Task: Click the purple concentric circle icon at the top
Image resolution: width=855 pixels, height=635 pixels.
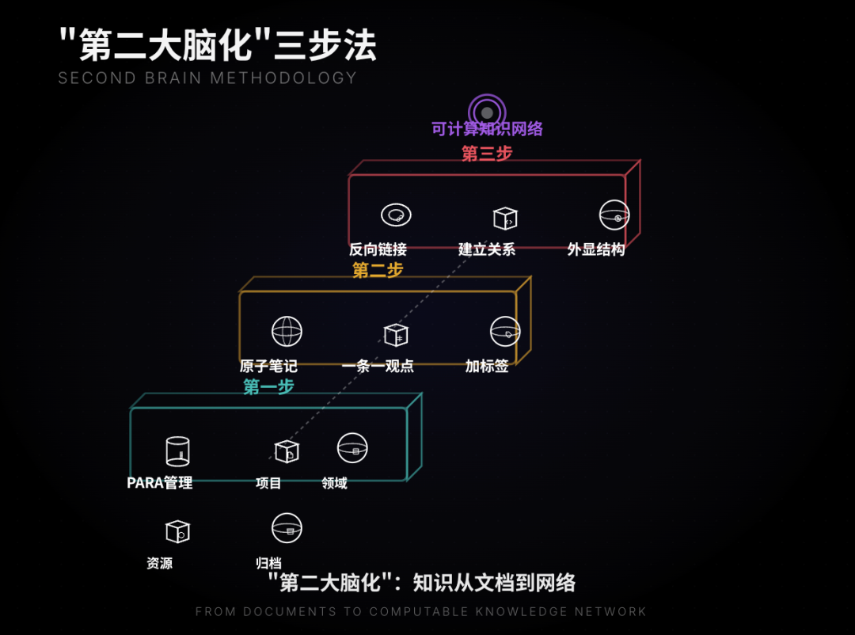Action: click(x=487, y=112)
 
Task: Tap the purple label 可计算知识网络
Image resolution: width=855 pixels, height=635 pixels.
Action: click(x=487, y=129)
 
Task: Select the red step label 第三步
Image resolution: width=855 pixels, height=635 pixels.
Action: click(x=487, y=154)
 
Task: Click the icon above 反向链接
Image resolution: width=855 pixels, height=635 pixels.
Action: click(x=396, y=215)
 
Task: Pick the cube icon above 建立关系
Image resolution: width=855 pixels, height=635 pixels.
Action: click(x=504, y=218)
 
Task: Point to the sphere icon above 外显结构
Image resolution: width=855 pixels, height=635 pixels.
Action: click(x=614, y=215)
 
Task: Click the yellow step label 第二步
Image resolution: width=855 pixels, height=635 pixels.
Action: click(x=378, y=270)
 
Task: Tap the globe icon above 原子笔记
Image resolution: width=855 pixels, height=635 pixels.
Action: click(x=287, y=331)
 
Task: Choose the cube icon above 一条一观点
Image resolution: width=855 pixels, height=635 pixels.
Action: click(x=395, y=335)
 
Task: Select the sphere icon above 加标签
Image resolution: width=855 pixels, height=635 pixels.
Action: click(x=505, y=332)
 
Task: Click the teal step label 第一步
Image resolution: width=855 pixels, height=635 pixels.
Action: click(x=268, y=386)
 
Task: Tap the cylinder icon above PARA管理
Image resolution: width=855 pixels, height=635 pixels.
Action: click(x=177, y=451)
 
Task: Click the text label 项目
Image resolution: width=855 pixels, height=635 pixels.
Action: click(x=268, y=483)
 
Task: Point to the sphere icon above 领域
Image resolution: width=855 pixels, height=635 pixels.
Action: click(x=352, y=448)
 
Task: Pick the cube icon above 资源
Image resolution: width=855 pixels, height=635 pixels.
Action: click(x=177, y=530)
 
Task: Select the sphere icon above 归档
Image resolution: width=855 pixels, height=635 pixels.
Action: click(x=287, y=527)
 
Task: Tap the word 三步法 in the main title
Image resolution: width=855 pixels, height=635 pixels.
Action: click(x=325, y=46)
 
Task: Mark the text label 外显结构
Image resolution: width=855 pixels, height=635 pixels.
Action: click(x=596, y=249)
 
